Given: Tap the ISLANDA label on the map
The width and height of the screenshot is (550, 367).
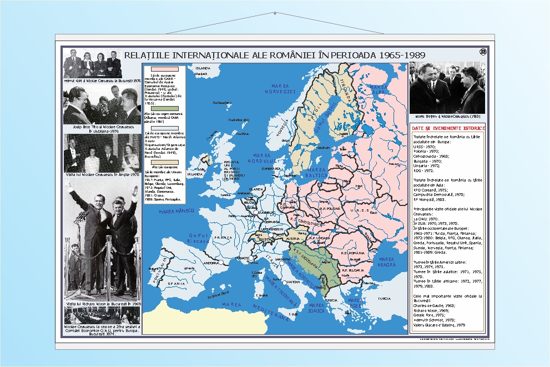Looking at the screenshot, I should click(x=203, y=68).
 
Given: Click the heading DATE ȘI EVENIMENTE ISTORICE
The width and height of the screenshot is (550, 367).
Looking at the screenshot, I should click(x=448, y=128).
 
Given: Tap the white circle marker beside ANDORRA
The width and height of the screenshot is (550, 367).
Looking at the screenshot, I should click(x=220, y=262).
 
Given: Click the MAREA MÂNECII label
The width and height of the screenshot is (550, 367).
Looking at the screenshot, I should click(x=169, y=210).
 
